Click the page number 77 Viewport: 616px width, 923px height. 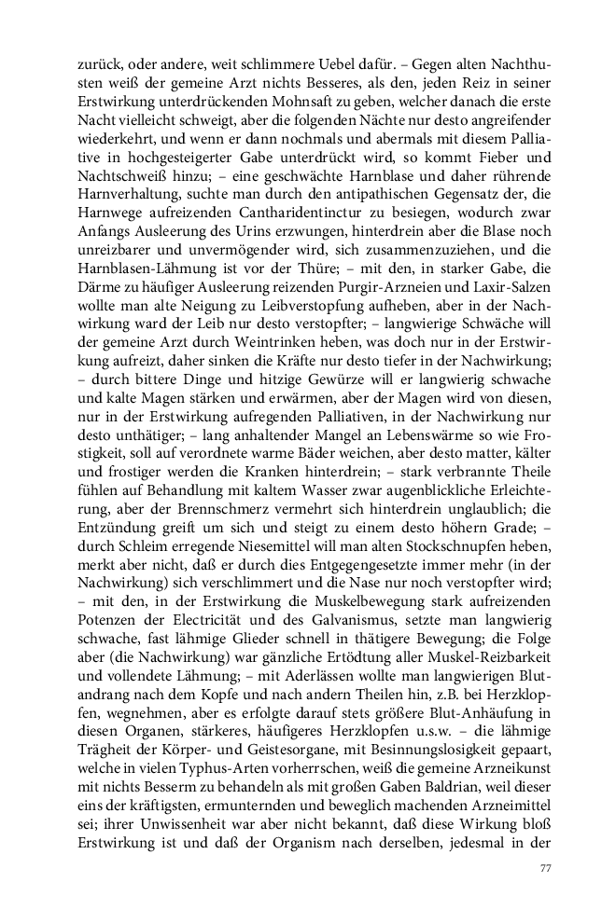pos(547,869)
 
